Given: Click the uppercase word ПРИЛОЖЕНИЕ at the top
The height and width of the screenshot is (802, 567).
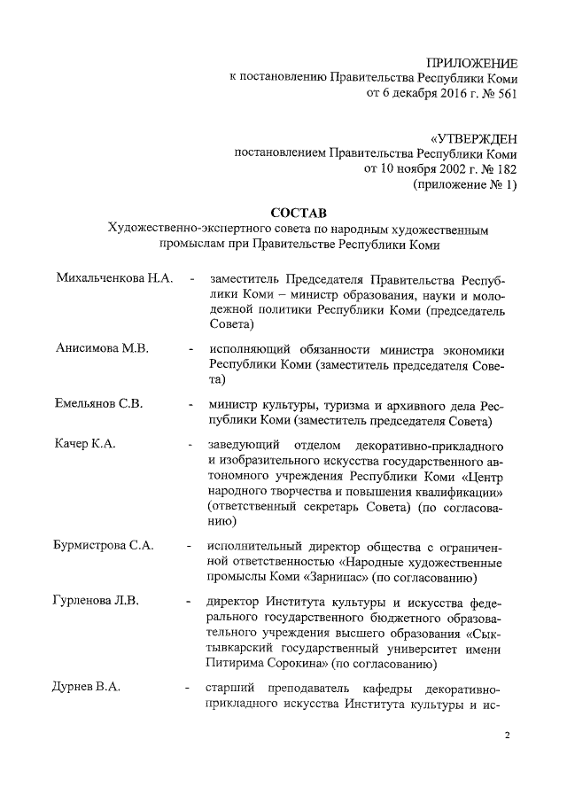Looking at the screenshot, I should coord(471,62).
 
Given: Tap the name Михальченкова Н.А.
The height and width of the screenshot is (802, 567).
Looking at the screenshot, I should coord(113,279).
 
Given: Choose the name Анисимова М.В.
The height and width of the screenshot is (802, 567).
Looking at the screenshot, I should coord(102,348).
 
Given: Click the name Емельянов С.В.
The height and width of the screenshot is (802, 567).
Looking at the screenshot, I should coord(99,403).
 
